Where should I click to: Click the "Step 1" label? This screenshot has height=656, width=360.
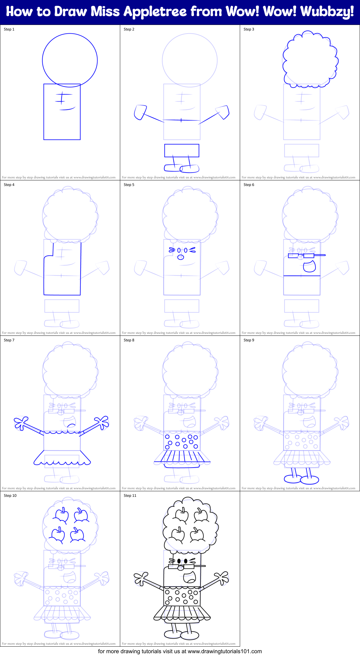(9, 29)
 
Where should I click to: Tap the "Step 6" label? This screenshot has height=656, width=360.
(249, 185)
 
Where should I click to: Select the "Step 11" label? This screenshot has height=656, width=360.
(130, 496)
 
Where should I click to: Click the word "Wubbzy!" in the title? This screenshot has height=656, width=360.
(327, 12)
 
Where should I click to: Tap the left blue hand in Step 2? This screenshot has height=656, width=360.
(140, 112)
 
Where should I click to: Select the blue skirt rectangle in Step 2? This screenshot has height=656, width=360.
(182, 150)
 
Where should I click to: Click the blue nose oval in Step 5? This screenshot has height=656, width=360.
(181, 257)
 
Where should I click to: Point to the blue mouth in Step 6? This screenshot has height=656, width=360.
(309, 266)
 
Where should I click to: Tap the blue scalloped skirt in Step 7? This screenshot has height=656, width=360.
(62, 458)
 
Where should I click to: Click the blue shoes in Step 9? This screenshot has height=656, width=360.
(301, 479)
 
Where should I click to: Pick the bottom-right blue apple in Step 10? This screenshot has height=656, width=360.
(77, 535)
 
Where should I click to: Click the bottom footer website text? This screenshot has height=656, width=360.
(180, 651)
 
